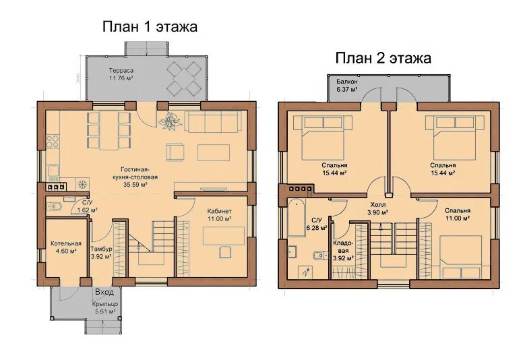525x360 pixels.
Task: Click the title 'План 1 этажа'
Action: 150,28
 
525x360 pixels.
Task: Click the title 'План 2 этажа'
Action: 383,58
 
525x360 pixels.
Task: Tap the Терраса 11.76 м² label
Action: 121,75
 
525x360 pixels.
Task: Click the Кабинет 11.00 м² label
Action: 219,215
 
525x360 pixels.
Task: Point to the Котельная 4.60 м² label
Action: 65,248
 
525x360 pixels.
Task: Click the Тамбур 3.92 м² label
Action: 102,252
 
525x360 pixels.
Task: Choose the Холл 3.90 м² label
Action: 377,208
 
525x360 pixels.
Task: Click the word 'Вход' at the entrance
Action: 104,292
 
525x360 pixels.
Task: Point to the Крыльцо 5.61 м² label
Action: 104,307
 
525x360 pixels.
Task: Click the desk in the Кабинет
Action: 224,235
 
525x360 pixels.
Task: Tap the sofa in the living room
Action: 213,122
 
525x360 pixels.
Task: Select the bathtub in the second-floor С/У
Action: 297,217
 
